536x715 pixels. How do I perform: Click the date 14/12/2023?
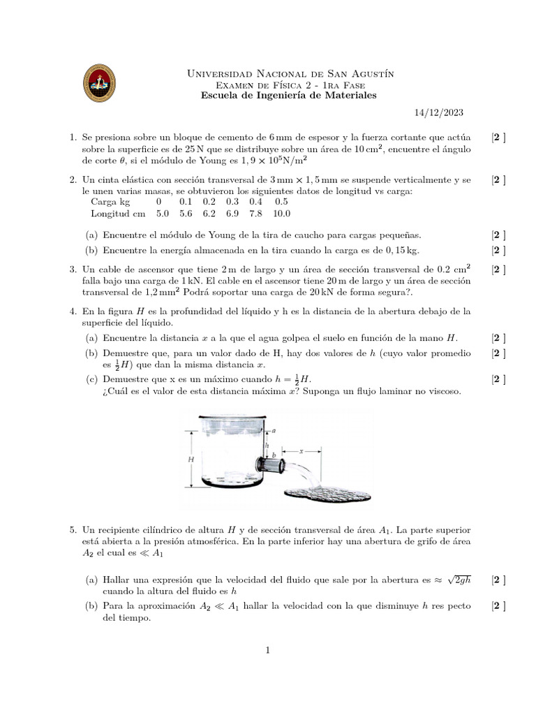click(433, 112)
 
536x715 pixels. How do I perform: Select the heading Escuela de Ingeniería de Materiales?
click(288, 95)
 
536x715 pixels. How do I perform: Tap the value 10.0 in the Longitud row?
click(282, 214)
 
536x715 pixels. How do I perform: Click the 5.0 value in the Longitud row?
click(163, 214)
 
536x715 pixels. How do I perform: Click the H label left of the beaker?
click(191, 460)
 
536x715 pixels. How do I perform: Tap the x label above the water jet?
click(301, 452)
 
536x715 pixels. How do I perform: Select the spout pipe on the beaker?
click(271, 463)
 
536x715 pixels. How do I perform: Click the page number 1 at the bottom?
click(267, 651)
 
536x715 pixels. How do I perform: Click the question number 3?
click(73, 268)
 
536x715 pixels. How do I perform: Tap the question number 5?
click(73, 531)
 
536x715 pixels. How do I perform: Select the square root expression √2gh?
click(461, 580)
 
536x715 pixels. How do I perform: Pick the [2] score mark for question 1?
click(498, 138)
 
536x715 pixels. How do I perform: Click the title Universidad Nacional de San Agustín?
click(288, 73)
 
